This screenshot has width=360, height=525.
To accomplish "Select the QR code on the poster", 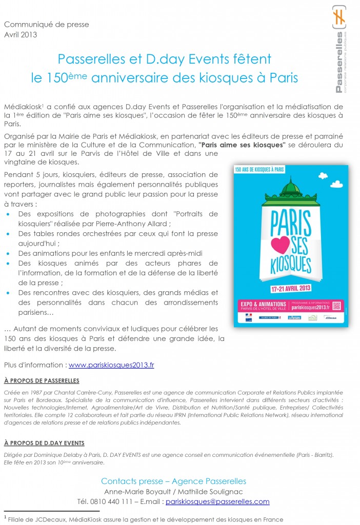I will (x=336, y=306).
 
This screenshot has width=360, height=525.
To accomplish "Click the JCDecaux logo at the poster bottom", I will (x=333, y=318).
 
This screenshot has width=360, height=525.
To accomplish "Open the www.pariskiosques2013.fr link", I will (x=111, y=365).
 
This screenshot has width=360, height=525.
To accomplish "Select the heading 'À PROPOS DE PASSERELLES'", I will (x=42, y=380).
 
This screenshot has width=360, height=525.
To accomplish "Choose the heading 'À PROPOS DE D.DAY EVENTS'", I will (x=44, y=442).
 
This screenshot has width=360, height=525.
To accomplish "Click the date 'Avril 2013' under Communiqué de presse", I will (x=21, y=34).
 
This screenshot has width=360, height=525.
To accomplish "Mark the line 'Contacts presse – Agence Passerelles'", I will (x=173, y=481).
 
